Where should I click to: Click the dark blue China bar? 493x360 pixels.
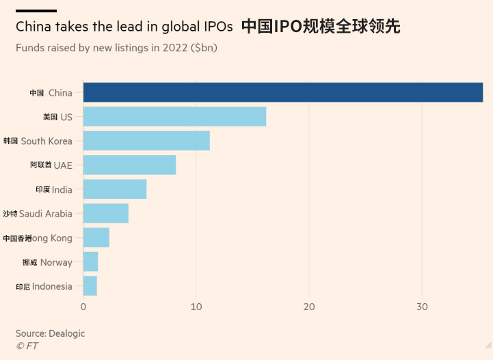(x=282, y=92)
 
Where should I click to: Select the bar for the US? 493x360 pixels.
(x=174, y=117)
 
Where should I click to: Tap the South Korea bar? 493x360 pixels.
(x=146, y=141)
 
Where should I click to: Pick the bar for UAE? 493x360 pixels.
(x=129, y=165)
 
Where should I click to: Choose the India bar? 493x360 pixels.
(x=115, y=189)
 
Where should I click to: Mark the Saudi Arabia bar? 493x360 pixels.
(x=106, y=213)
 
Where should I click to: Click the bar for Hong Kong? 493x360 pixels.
(x=96, y=238)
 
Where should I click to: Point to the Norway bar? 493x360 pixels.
(x=91, y=262)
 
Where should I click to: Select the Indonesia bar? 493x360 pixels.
(x=90, y=286)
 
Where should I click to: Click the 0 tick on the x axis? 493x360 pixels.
(x=83, y=307)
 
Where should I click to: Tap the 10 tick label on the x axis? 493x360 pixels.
(x=196, y=307)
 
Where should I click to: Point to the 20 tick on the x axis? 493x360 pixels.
(x=309, y=307)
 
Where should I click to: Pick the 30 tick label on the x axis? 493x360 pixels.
(x=422, y=307)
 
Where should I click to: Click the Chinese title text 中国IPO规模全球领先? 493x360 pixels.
(x=321, y=27)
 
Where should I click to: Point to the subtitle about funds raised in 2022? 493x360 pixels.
(x=117, y=48)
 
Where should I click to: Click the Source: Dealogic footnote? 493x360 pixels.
(x=50, y=333)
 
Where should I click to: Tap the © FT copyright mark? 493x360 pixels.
(x=27, y=346)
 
